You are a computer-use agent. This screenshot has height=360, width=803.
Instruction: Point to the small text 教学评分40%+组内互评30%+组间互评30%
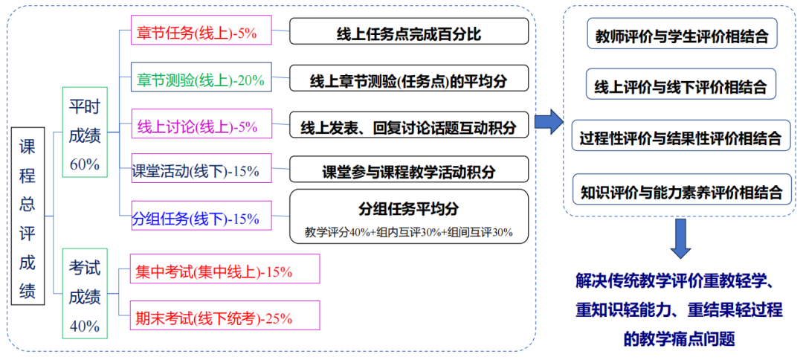pyautogui.click(x=409, y=232)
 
